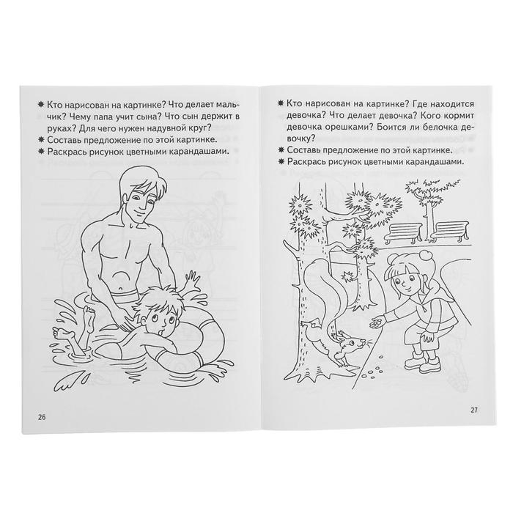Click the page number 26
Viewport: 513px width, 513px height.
(x=42, y=417)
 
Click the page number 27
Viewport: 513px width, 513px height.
(x=474, y=410)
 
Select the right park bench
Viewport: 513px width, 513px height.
(x=451, y=232)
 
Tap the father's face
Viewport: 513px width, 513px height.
(x=141, y=204)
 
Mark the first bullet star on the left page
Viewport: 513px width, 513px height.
(x=41, y=105)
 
